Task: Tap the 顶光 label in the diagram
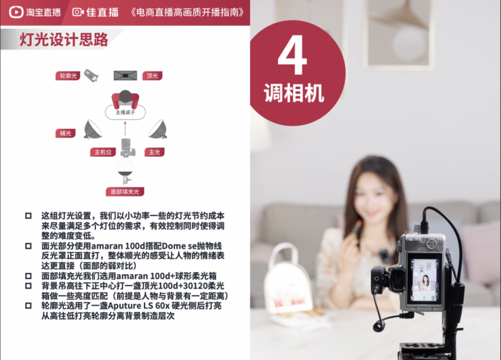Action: pos(152,76)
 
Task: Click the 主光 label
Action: pos(154,152)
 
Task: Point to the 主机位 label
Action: pos(103,152)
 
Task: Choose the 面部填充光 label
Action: pos(125,192)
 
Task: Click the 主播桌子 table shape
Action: pos(125,112)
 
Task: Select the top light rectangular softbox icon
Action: pos(125,76)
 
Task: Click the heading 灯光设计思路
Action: pos(64,40)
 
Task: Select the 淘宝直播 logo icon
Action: pos(16,12)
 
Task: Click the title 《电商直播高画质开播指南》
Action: pos(187,12)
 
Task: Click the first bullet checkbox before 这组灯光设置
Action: pos(28,216)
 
